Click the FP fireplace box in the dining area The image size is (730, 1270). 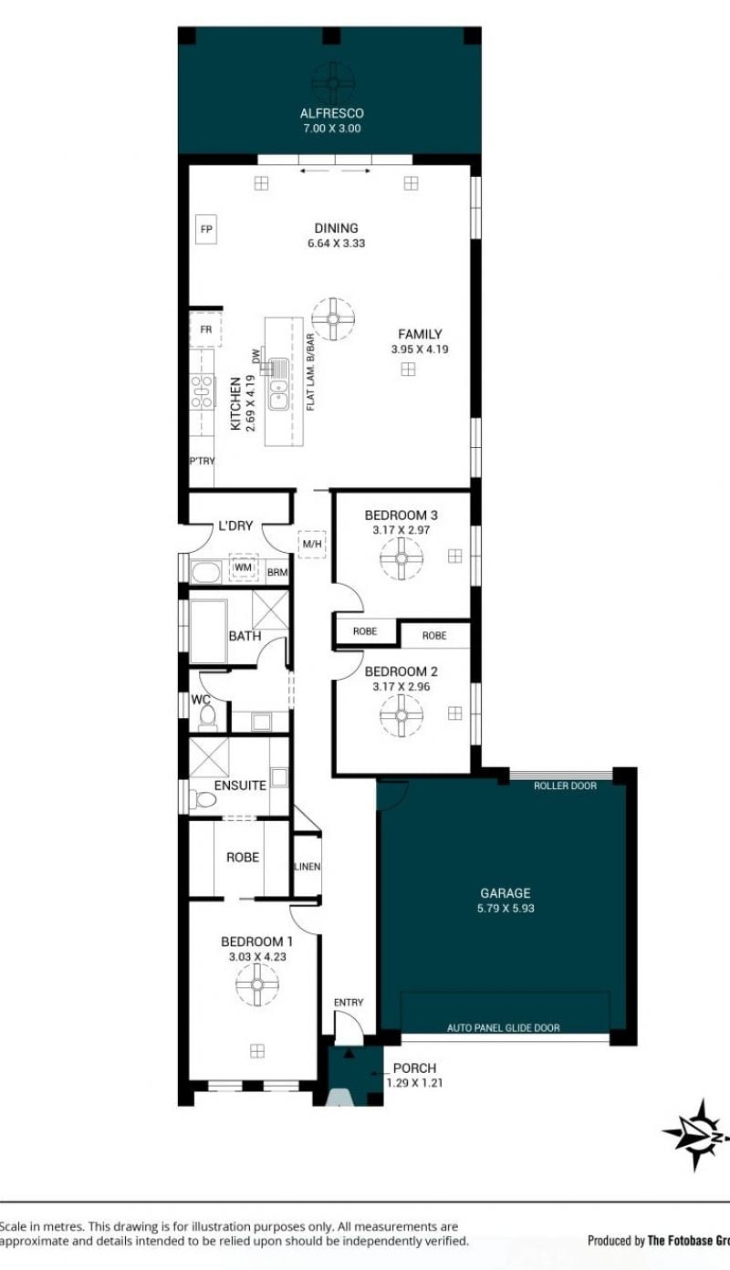[206, 229]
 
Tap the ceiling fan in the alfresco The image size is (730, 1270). [333, 83]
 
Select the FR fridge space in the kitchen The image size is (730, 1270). [205, 328]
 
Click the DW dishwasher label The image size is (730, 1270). [255, 356]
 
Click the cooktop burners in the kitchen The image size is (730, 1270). [202, 391]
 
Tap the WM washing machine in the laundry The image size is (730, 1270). [244, 567]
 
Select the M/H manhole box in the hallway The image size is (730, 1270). [312, 545]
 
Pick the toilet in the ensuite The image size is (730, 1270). [203, 799]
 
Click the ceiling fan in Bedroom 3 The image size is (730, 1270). [401, 558]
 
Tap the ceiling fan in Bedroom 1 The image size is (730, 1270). [257, 984]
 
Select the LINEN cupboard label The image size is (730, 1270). [308, 867]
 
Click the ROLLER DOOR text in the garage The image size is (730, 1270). [565, 786]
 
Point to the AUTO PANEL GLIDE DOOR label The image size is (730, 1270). [503, 1027]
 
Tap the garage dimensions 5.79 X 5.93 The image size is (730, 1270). [506, 909]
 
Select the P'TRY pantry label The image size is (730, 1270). [202, 461]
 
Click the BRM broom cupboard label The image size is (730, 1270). [277, 573]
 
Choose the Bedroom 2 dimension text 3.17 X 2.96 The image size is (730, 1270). [401, 687]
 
